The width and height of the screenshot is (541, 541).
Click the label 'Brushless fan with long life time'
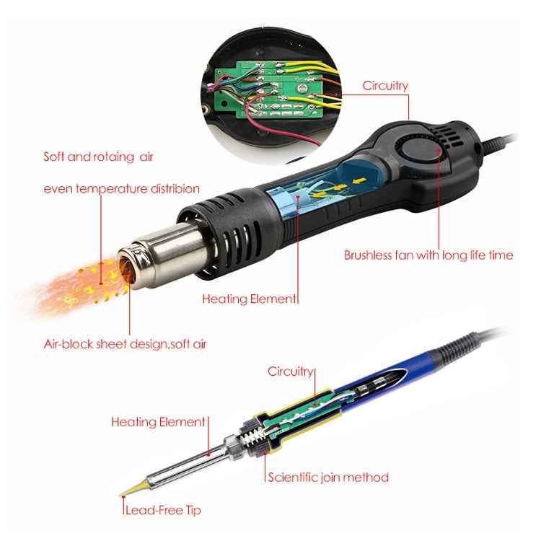click(428, 255)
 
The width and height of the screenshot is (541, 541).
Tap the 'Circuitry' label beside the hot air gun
click(385, 86)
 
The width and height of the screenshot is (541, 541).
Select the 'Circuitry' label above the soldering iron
click(291, 371)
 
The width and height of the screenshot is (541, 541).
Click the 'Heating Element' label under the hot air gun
click(249, 298)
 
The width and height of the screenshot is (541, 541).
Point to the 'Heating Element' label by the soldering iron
click(158, 421)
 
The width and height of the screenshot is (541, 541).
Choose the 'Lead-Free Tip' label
click(163, 510)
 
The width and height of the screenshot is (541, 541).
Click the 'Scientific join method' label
click(328, 477)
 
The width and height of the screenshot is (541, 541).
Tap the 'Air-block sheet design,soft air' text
click(125, 343)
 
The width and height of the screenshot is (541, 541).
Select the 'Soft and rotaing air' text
click(98, 157)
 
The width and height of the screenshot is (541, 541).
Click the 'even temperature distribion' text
click(121, 189)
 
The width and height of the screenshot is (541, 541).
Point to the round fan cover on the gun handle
click(421, 153)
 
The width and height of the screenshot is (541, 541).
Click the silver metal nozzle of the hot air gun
click(160, 253)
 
